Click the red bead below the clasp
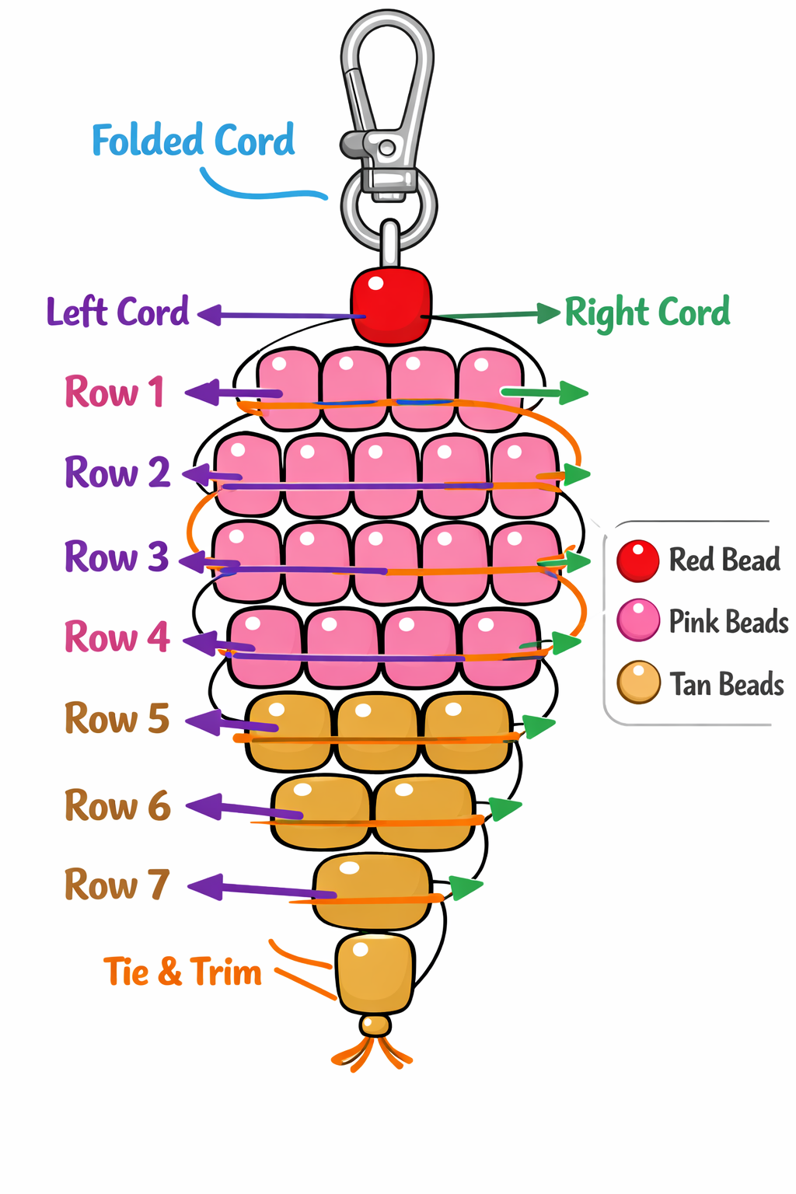(391, 305)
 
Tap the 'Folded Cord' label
(194, 141)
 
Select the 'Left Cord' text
(117, 312)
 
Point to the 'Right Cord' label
(647, 312)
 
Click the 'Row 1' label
(115, 392)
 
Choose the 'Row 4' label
(117, 637)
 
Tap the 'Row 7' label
(117, 885)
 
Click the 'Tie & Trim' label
(183, 972)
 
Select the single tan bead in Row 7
(372, 891)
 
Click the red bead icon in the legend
(638, 560)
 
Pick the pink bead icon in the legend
(638, 620)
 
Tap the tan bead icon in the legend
(638, 683)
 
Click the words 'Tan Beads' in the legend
(727, 685)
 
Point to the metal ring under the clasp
(389, 208)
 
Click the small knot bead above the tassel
(375, 1025)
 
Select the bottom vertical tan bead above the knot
(375, 972)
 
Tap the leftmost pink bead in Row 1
(288, 389)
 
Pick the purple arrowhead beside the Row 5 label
(204, 721)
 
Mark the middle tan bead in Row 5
(377, 731)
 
